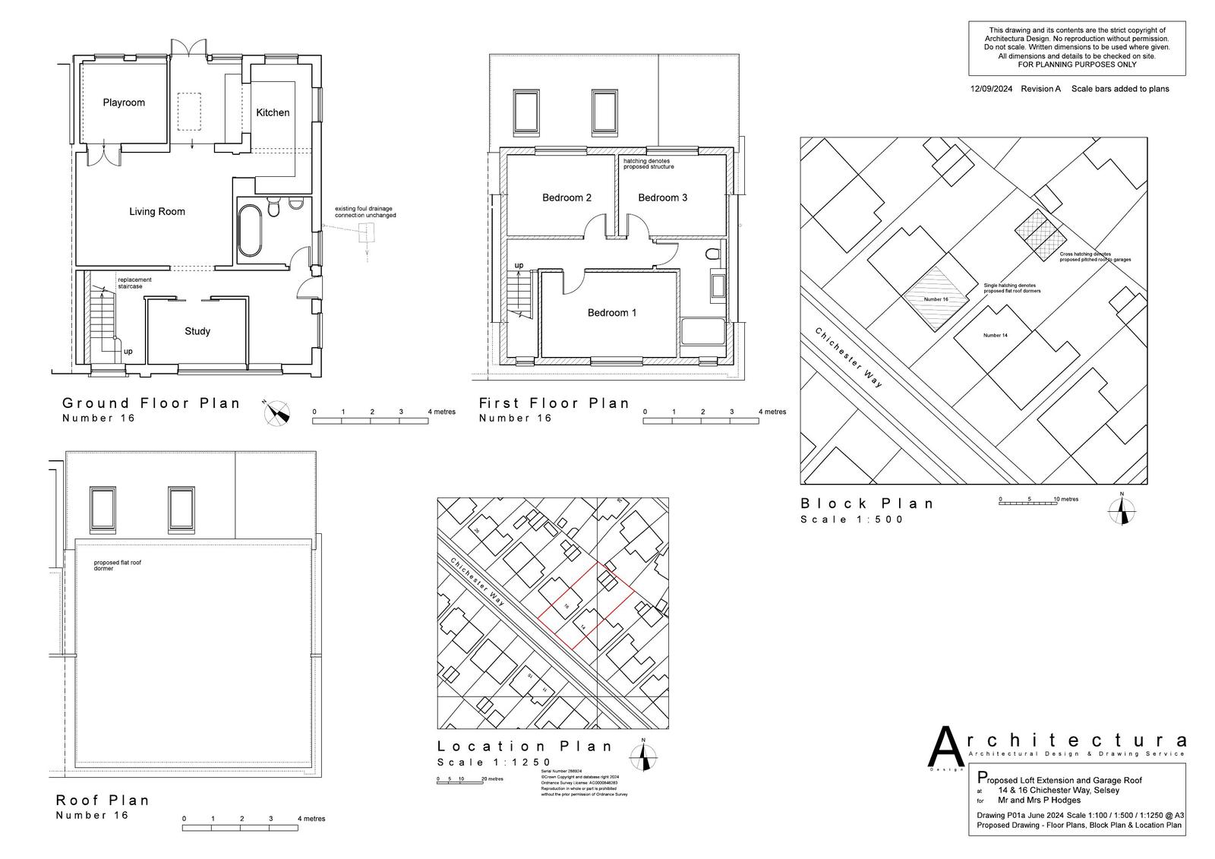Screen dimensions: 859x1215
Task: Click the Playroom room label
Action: (124, 103)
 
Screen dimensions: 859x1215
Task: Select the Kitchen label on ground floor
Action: (273, 112)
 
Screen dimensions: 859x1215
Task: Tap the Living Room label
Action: (157, 212)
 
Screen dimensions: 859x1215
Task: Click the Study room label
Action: (197, 331)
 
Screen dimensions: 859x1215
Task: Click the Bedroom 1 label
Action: (612, 313)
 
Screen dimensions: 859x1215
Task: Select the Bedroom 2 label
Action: (566, 197)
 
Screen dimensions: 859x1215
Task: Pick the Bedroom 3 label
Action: (662, 197)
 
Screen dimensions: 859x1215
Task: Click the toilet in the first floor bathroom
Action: (712, 254)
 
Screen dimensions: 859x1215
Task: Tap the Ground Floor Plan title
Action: (151, 403)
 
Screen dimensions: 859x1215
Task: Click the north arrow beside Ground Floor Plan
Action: (277, 413)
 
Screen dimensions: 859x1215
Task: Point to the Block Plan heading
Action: (867, 504)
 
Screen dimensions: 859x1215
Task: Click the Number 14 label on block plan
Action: (995, 335)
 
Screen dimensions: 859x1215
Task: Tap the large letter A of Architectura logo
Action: (947, 747)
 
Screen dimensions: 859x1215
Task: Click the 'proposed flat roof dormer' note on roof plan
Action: (118, 566)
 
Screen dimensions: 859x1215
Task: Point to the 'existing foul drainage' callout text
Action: (365, 212)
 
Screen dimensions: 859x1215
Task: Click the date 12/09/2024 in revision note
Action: (991, 89)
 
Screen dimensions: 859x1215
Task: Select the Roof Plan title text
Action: (103, 800)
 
